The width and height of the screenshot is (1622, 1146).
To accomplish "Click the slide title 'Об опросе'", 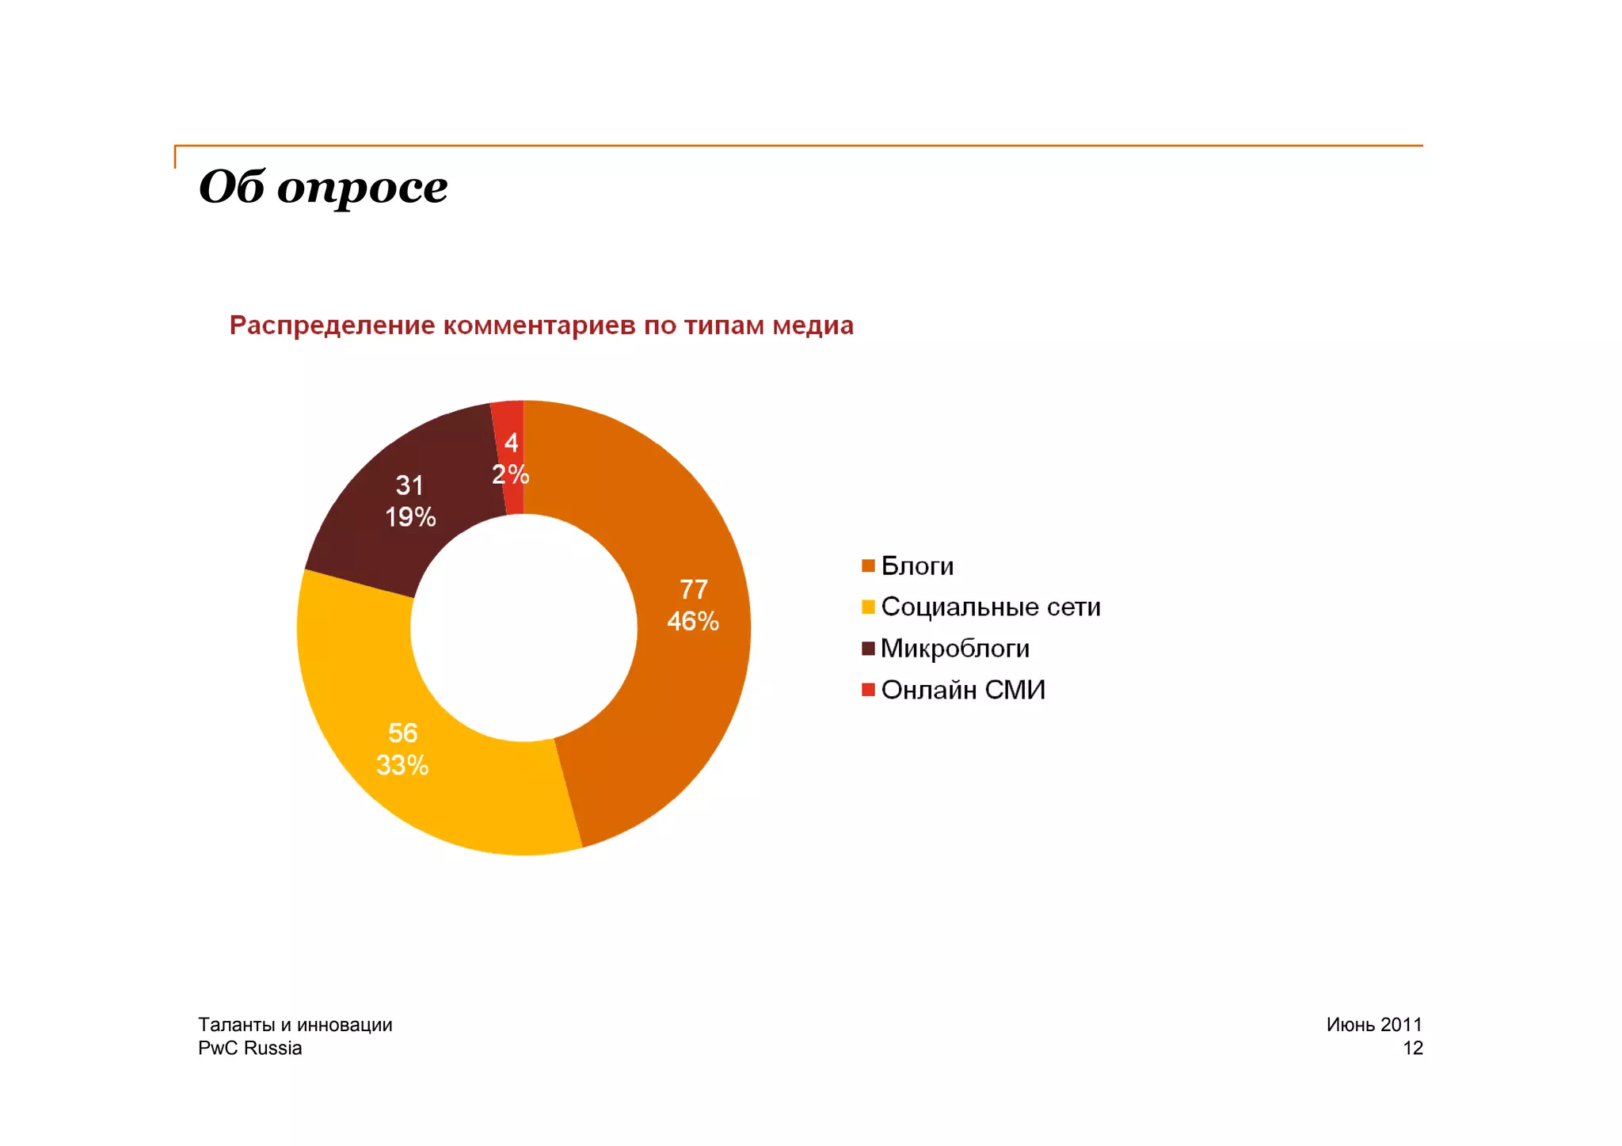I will coord(323,187).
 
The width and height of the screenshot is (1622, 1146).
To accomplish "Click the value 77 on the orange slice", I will coord(693,589).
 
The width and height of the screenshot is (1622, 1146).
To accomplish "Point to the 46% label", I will coord(693,621).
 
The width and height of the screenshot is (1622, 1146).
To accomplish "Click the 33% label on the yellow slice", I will coord(402,765).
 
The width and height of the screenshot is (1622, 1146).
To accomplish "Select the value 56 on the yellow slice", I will coord(402,733).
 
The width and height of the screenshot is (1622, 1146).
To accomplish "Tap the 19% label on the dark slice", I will coord(410,517).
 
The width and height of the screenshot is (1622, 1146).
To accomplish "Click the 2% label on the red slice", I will coord(510,474).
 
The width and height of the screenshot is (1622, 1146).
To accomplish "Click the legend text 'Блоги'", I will coord(917,566).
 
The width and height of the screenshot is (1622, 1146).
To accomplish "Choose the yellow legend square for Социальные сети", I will coord(868,607).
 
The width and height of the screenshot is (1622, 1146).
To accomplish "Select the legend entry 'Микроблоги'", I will coord(954,649).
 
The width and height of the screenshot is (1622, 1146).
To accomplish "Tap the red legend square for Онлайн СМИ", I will coord(868,690).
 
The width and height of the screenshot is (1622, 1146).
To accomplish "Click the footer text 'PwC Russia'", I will coord(249,1048).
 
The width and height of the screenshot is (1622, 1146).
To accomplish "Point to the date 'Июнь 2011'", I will coord(1374,1024).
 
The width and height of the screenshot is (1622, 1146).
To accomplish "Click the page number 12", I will coord(1412,1048).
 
